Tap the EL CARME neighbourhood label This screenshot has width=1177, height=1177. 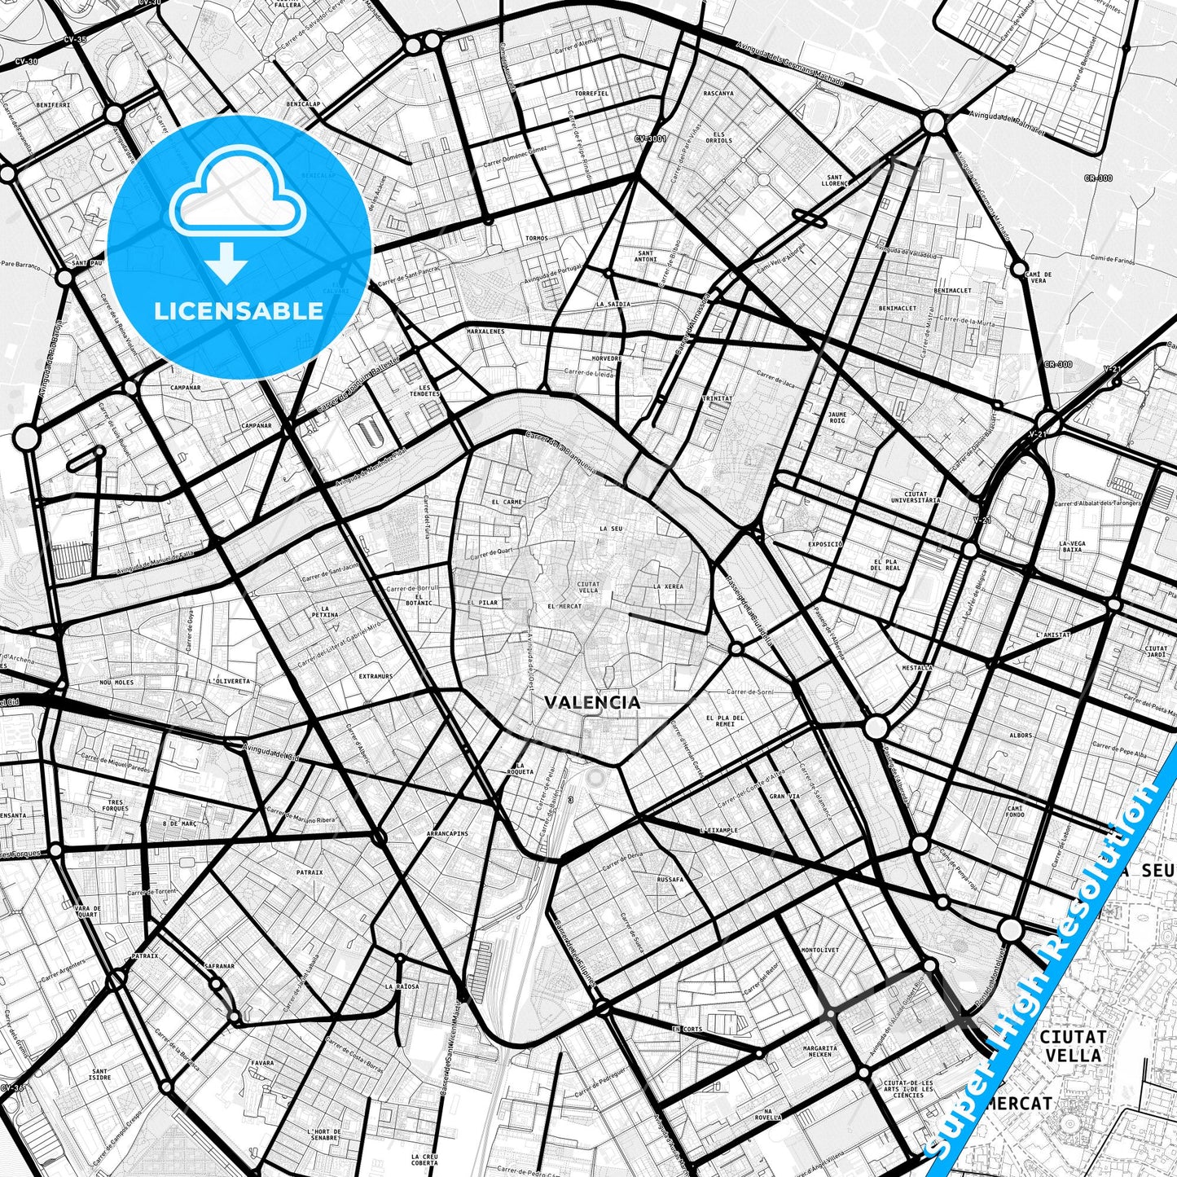point(507,502)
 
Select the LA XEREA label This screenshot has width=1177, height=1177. point(668,586)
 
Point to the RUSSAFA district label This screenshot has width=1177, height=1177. point(670,880)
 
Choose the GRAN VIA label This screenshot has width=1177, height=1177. point(784,797)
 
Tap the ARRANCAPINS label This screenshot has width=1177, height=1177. point(447,834)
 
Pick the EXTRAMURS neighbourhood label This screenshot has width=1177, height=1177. point(375,676)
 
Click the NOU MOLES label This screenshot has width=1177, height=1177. point(116,682)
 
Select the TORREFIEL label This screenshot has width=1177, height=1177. point(591,94)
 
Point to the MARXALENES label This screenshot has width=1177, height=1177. point(485,332)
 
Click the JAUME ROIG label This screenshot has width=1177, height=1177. point(837,417)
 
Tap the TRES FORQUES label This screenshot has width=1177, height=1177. point(116,806)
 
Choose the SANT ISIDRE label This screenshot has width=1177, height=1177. point(100,1074)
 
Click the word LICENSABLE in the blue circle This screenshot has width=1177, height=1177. point(239,310)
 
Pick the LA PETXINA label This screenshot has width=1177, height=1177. point(329,612)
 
